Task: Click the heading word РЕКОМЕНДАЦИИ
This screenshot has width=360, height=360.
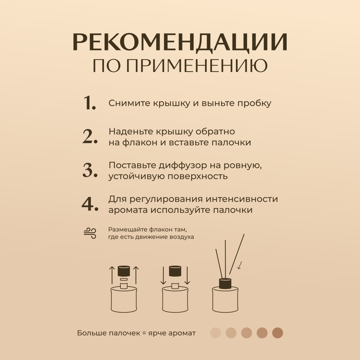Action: (180, 42)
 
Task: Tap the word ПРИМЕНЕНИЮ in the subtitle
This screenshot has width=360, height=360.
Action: (197, 66)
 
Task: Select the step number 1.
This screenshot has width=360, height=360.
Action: (89, 103)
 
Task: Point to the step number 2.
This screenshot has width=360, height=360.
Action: (90, 136)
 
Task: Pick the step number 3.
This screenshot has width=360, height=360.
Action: (90, 170)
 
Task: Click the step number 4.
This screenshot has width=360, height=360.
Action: (90, 204)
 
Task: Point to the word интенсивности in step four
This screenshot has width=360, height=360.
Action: (242, 199)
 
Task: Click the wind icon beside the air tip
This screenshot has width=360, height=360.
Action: (90, 233)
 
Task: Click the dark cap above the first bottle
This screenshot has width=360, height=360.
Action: (124, 271)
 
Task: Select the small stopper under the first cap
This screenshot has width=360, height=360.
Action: (124, 279)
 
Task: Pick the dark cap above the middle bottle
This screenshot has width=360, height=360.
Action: (175, 271)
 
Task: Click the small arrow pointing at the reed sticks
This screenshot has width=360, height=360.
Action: (240, 265)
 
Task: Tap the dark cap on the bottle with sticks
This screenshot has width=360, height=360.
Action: (225, 284)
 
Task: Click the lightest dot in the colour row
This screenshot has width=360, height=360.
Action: (216, 333)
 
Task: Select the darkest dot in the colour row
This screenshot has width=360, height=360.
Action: (278, 333)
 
